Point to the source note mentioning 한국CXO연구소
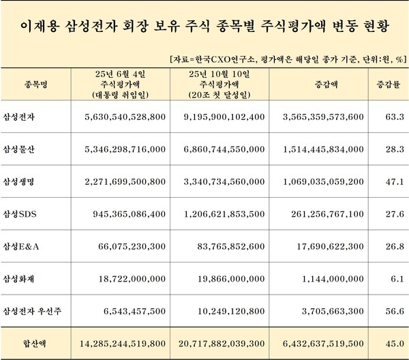click(x=279, y=59)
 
